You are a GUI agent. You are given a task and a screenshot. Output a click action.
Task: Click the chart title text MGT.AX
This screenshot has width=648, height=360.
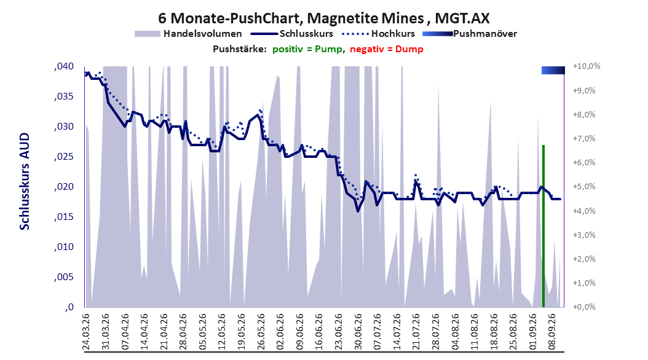(x=462, y=18)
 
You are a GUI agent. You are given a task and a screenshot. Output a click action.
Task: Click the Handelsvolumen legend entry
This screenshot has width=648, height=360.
(x=189, y=34)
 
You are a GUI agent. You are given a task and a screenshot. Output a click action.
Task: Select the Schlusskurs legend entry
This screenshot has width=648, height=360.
(x=292, y=34)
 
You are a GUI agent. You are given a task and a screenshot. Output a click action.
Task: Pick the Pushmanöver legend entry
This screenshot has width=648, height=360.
(x=470, y=34)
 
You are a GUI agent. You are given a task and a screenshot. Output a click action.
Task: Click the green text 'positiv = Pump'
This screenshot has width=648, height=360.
(x=307, y=49)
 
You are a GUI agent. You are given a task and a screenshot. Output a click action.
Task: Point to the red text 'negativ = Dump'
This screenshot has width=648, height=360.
(x=387, y=49)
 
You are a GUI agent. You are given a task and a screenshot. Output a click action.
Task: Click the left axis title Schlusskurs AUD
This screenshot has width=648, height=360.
(x=25, y=181)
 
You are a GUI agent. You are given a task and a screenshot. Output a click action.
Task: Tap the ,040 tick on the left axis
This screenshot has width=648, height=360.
(x=64, y=66)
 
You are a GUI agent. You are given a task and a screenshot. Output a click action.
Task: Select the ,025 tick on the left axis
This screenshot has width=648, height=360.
(x=64, y=157)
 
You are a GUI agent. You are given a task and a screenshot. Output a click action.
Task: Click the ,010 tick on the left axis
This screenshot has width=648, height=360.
(x=64, y=247)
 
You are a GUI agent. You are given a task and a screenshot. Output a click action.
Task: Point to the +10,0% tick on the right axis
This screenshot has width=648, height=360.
(x=587, y=66)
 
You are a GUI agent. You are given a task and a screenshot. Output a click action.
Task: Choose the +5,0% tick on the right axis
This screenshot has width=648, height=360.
(x=584, y=187)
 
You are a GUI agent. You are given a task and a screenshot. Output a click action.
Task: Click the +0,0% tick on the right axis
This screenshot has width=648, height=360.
(x=584, y=307)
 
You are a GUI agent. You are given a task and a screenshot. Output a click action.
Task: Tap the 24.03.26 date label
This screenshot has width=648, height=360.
(x=86, y=332)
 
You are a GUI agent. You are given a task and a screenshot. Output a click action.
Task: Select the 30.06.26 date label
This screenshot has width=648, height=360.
(x=358, y=332)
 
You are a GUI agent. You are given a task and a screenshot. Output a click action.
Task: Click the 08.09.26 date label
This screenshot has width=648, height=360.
(x=552, y=332)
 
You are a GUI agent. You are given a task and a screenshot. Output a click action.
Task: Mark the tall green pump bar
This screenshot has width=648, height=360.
(x=543, y=226)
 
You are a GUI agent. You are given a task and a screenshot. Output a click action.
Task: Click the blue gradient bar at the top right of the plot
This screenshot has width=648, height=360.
(x=553, y=70)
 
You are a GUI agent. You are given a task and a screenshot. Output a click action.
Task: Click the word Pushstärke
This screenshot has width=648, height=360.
(x=240, y=49)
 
